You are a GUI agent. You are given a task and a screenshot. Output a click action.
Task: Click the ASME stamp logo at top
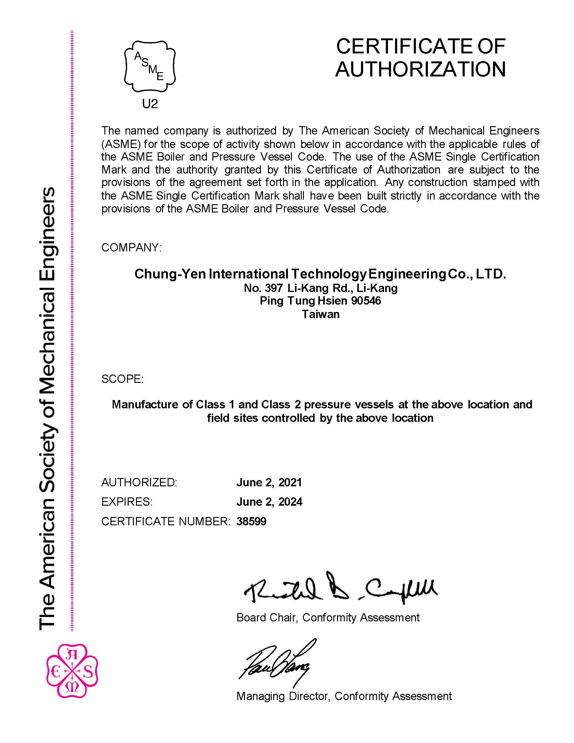click(150, 66)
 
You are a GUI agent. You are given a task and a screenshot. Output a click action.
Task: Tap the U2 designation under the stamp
click(150, 104)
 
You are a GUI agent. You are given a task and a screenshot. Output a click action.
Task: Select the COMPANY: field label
click(131, 248)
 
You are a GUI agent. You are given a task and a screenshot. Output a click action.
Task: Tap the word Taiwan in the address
click(321, 314)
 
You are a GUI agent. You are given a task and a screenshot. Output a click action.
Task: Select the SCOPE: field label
click(122, 379)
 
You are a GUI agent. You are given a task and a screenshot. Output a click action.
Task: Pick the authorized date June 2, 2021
click(269, 482)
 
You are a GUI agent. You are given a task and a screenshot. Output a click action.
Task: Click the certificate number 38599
click(251, 521)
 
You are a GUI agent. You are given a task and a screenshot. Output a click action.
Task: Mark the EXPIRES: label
click(127, 502)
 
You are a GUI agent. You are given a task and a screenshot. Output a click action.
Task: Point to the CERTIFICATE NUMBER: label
click(166, 521)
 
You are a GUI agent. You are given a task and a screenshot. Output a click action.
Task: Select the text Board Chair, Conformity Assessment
click(328, 617)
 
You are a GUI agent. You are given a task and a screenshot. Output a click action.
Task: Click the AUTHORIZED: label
click(139, 482)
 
